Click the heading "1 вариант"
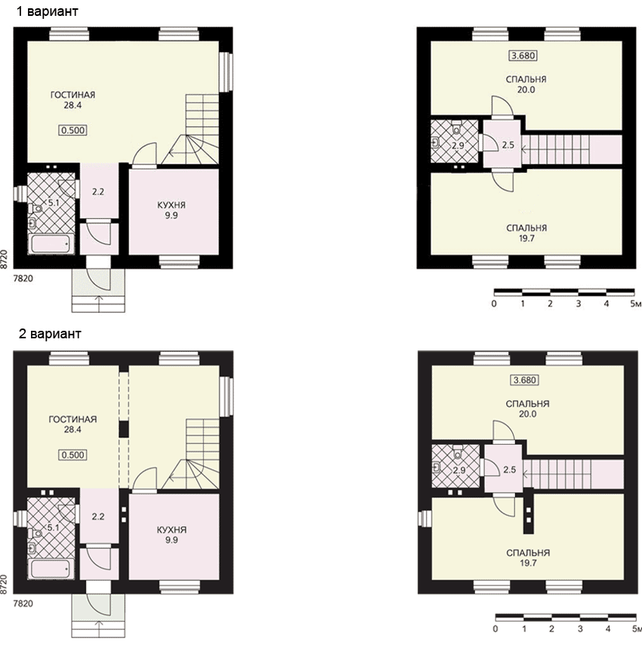(47, 11)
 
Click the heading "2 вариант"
(50, 334)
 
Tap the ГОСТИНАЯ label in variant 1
(73, 94)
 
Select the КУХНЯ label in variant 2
(171, 529)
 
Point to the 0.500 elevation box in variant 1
(73, 130)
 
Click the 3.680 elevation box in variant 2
(525, 380)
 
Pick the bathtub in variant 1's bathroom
(51, 244)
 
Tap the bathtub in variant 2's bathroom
(51, 569)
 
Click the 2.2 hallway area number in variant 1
(98, 192)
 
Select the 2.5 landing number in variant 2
(509, 470)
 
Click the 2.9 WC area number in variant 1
(458, 146)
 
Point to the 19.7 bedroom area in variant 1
(526, 239)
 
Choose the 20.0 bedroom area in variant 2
(527, 414)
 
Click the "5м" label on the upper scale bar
(636, 304)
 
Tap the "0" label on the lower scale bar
(495, 628)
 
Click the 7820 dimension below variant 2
(23, 603)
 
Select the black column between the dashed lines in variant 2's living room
(124, 429)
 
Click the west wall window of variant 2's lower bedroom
(425, 519)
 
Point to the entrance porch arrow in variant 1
(99, 304)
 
